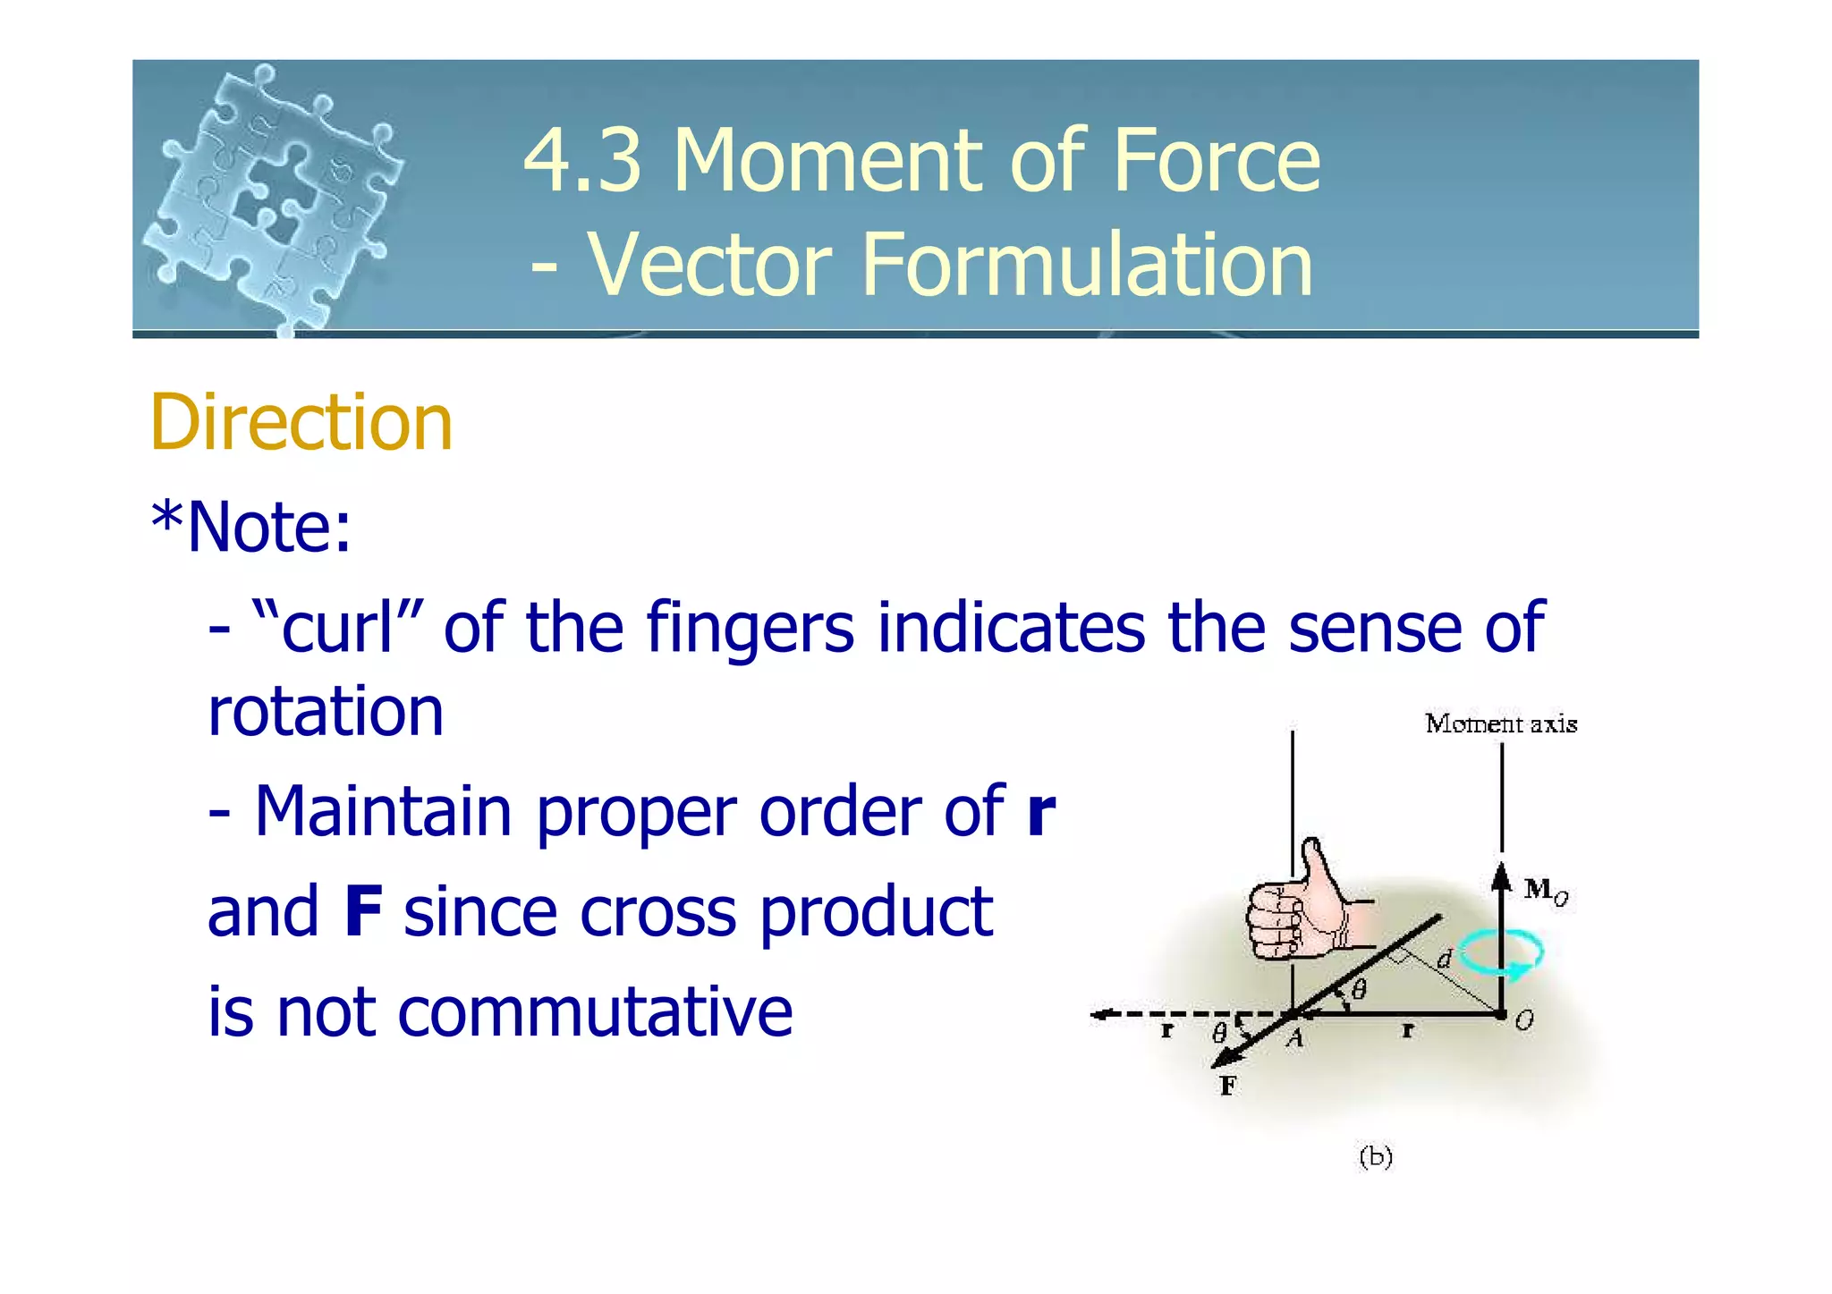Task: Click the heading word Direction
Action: (x=301, y=422)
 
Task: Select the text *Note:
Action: (x=251, y=527)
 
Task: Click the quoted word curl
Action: (x=338, y=627)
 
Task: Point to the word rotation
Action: (x=325, y=712)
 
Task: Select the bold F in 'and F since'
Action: (x=363, y=912)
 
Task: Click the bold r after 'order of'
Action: (x=1041, y=812)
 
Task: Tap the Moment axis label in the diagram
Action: (x=1500, y=723)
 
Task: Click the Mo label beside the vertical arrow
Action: (x=1545, y=891)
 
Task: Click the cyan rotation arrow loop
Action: (x=1502, y=954)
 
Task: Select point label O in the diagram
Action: (x=1524, y=1020)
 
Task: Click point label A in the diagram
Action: (x=1294, y=1038)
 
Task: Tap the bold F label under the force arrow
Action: (x=1228, y=1086)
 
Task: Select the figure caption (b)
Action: (x=1375, y=1157)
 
